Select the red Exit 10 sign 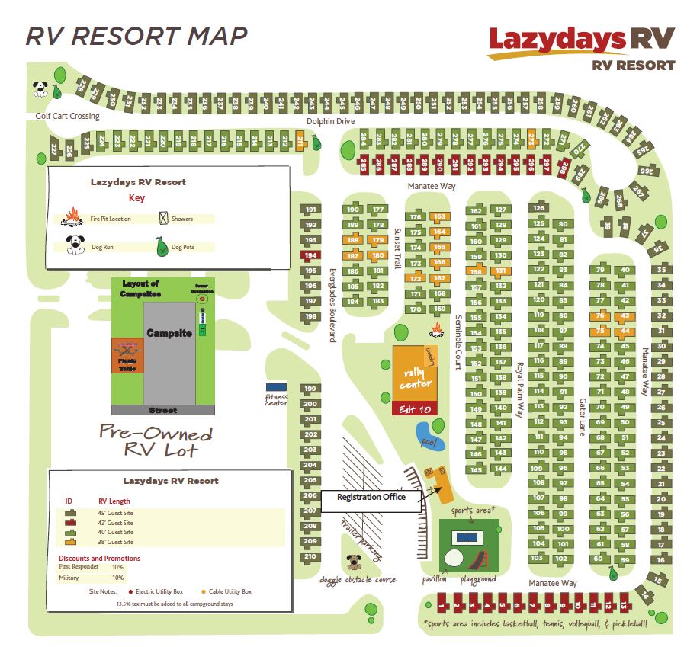pyautogui.click(x=415, y=408)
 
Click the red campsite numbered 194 pyautogui.click(x=310, y=255)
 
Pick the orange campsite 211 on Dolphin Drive pyautogui.click(x=300, y=140)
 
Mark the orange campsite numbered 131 pyautogui.click(x=500, y=271)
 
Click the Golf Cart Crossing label pyautogui.click(x=67, y=116)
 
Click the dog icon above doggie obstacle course pyautogui.click(x=355, y=562)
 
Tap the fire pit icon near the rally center pyautogui.click(x=438, y=331)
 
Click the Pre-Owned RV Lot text pyautogui.click(x=156, y=441)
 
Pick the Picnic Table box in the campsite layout pyautogui.click(x=127, y=356)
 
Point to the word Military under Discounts pyautogui.click(x=69, y=578)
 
